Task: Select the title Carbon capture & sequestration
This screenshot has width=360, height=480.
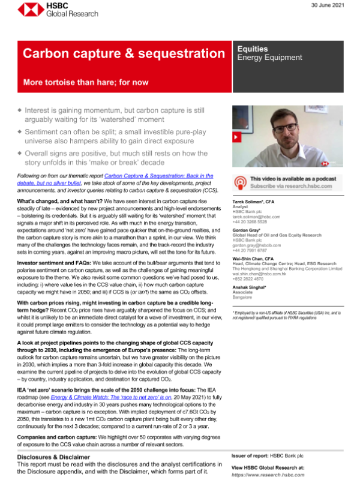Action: tap(124, 54)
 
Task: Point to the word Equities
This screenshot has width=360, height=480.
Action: tap(253, 49)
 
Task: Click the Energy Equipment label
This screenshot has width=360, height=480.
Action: tap(270, 58)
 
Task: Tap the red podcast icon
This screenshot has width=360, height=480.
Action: tap(240, 182)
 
